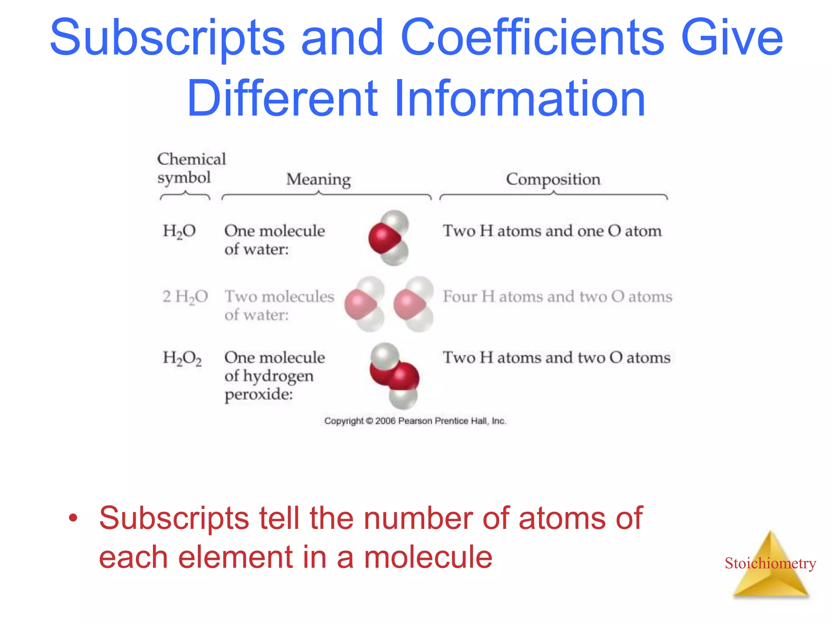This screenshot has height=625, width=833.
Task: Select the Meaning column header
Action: [x=318, y=179]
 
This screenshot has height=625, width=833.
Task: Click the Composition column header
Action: [x=553, y=179]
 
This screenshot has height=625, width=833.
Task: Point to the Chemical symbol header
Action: [x=191, y=168]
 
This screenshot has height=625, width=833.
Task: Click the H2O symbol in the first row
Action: [x=179, y=231]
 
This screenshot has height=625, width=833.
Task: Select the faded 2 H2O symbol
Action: [x=185, y=297]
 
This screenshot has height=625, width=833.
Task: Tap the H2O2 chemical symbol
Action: [x=182, y=358]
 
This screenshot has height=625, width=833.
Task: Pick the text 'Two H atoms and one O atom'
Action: [x=552, y=231]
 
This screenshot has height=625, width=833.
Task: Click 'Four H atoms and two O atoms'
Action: [x=557, y=297]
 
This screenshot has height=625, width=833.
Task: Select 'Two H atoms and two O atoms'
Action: [x=556, y=358]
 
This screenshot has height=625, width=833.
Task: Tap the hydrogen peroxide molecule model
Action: [x=394, y=375]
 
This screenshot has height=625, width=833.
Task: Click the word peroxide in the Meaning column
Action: [x=259, y=394]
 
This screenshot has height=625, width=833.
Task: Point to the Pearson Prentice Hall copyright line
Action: [x=415, y=421]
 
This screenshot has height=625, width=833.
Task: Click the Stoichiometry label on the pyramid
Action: [x=770, y=563]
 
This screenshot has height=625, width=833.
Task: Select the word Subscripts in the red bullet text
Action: [x=174, y=518]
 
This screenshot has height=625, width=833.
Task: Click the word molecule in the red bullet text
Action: [x=428, y=557]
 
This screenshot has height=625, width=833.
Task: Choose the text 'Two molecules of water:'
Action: [x=279, y=305]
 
